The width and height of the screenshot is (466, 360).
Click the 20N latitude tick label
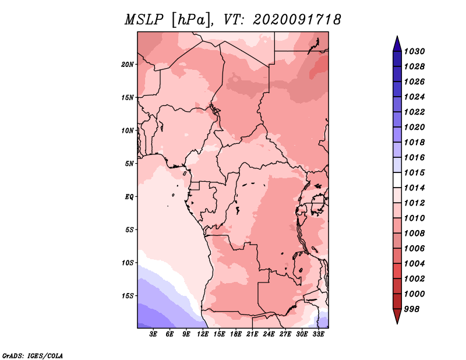click(x=128, y=65)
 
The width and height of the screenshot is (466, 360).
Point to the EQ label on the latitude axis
click(x=129, y=197)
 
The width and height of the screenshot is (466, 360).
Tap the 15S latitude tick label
click(x=128, y=296)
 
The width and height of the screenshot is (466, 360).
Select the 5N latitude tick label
click(x=129, y=164)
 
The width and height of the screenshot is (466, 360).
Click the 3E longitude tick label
click(x=153, y=334)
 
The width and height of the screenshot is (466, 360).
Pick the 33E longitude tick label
click(x=318, y=334)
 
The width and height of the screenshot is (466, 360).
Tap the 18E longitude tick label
click(x=236, y=334)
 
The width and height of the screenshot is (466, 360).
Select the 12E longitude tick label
click(x=203, y=334)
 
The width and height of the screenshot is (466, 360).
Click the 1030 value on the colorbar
click(x=414, y=51)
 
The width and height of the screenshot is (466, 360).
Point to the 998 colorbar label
click(x=412, y=309)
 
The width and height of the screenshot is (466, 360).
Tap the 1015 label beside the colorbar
click(x=414, y=172)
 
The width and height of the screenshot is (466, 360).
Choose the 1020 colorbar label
click(x=414, y=127)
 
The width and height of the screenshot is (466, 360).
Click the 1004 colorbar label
click(x=414, y=264)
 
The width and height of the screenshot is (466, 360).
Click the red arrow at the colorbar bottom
click(x=397, y=316)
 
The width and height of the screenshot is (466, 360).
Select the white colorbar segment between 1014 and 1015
click(x=397, y=180)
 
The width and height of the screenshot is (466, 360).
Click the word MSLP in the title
click(x=144, y=20)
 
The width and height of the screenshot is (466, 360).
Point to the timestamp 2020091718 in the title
click(x=297, y=20)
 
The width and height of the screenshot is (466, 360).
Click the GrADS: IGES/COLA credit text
click(x=33, y=356)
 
